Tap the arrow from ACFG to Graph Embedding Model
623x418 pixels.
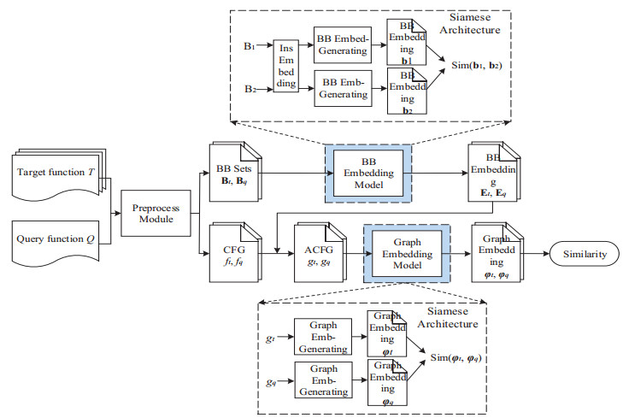(x=352, y=253)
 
